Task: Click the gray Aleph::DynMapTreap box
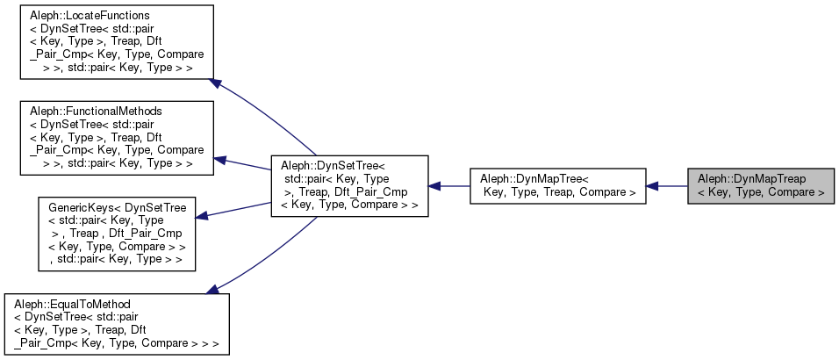(x=761, y=185)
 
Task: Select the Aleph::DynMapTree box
(x=557, y=185)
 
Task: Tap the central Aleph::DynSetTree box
(x=349, y=186)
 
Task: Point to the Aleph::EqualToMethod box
(x=117, y=323)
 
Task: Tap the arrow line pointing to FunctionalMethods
(x=246, y=164)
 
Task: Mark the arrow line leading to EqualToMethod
(x=263, y=255)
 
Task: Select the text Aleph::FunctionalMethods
(x=77, y=112)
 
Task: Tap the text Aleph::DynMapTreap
(x=752, y=179)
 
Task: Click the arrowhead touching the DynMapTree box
(x=653, y=185)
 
